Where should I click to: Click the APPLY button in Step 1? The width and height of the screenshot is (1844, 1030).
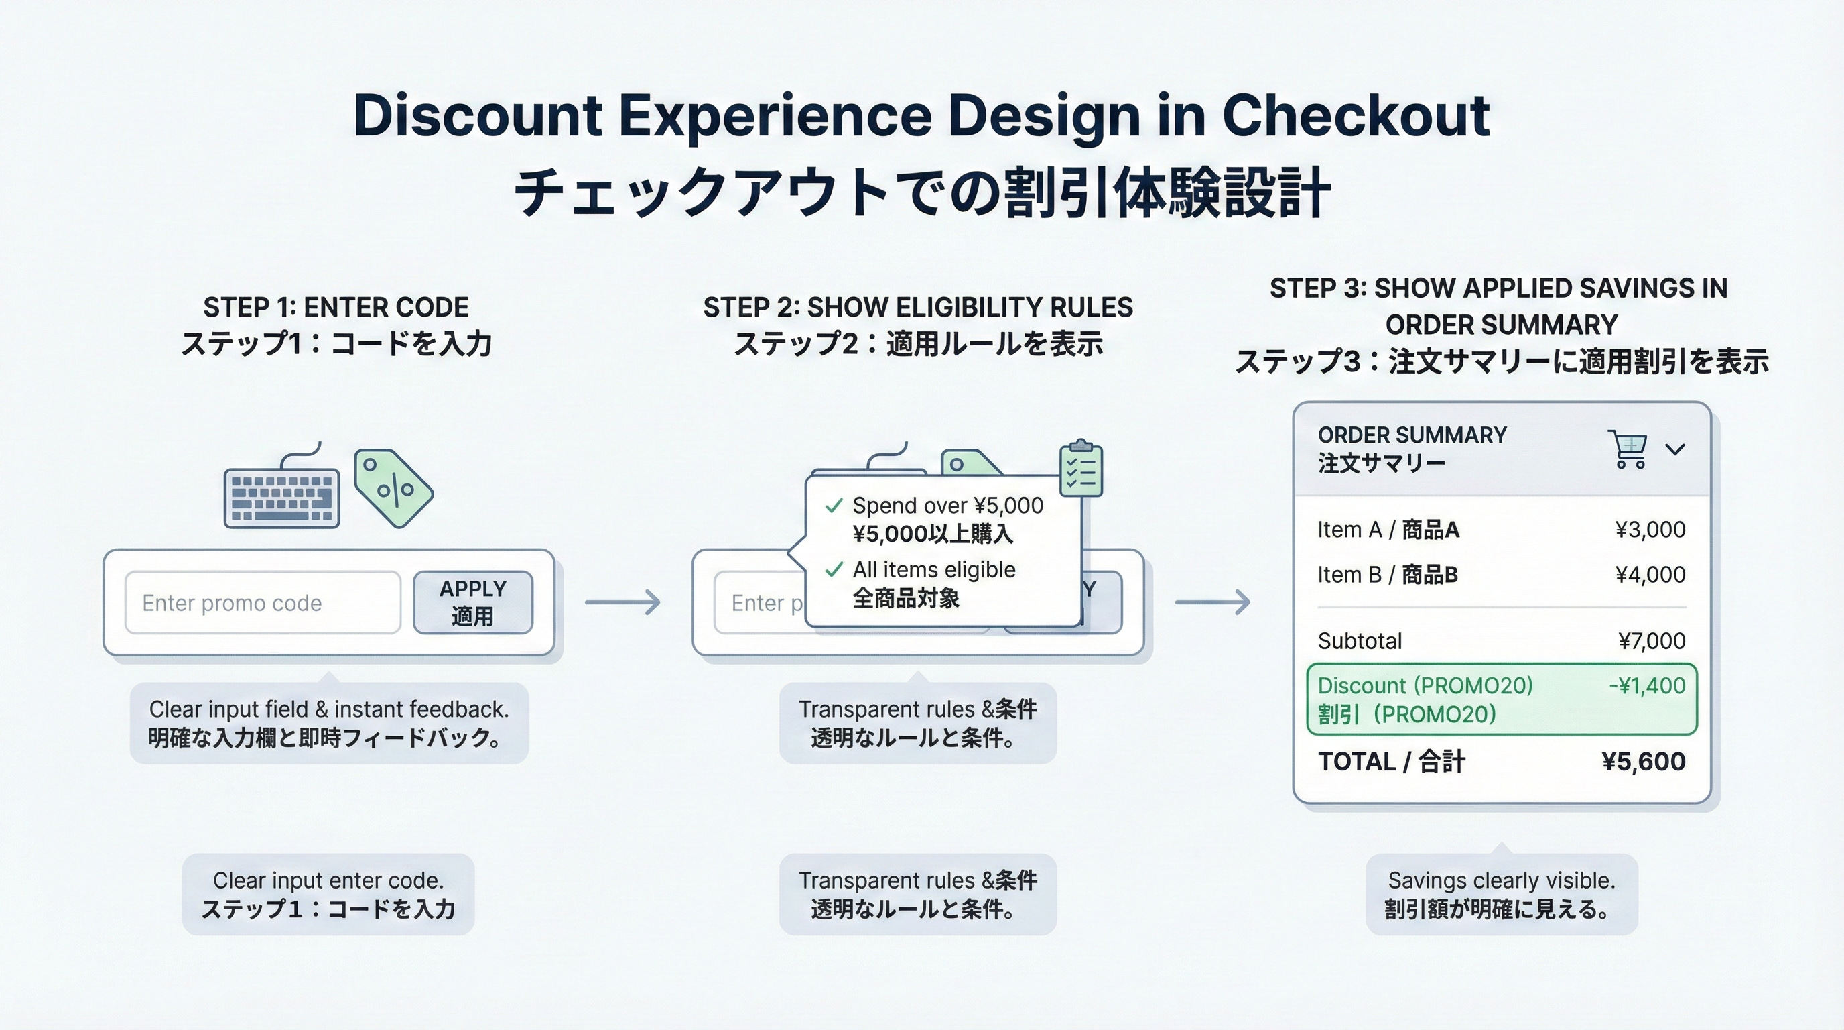[472, 602]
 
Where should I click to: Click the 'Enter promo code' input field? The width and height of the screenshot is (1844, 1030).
[262, 602]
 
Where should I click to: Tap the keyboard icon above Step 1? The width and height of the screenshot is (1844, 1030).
[281, 498]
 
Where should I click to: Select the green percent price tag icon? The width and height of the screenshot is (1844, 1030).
[393, 488]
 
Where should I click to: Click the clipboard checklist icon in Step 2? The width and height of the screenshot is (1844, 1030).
[1080, 469]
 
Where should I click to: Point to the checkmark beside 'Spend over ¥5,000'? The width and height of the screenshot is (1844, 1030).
[834, 506]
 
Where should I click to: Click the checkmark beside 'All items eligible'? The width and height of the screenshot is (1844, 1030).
[834, 570]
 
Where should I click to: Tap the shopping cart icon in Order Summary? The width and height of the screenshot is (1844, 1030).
[1627, 449]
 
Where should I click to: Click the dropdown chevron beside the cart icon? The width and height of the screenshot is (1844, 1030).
[1675, 449]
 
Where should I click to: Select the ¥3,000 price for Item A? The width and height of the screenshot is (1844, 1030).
[1650, 529]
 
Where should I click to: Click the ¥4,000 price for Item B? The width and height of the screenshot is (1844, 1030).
[1650, 575]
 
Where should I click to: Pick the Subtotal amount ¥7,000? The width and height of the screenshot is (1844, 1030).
[1652, 640]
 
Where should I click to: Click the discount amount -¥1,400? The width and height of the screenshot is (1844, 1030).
[1646, 685]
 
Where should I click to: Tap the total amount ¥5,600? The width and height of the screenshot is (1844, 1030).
[1644, 761]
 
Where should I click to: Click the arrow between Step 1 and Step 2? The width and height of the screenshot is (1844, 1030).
[622, 602]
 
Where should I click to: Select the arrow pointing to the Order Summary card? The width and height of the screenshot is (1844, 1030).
[1212, 602]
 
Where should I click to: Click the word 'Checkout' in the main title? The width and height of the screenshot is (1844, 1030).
[1355, 115]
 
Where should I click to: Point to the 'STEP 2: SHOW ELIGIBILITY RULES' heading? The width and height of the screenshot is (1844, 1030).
[918, 307]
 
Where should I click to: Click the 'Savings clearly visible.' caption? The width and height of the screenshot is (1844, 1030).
[1501, 880]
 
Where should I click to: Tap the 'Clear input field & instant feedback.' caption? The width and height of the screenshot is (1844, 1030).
[328, 709]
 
